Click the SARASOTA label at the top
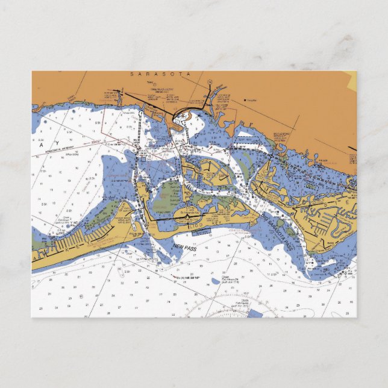(160, 74)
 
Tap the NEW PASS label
(184, 246)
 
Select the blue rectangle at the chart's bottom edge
(255, 314)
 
